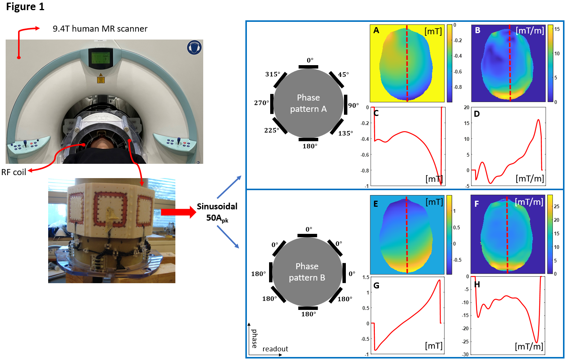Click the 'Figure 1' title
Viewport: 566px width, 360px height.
25,7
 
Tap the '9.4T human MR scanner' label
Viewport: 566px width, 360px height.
100,29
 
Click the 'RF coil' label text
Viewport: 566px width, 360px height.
14,172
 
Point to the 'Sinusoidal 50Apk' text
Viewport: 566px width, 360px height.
217,212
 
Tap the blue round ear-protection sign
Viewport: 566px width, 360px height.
194,47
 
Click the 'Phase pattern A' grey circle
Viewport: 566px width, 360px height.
308,103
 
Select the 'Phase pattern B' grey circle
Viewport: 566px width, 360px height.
307,272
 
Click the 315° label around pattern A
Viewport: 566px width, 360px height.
272,74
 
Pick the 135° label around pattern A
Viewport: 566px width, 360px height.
345,133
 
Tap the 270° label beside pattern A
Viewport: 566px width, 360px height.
262,103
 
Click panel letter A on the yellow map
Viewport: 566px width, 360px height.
376,31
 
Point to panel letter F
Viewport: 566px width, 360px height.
476,204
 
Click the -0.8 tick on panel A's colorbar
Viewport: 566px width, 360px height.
458,87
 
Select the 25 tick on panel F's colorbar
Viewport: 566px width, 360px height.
557,206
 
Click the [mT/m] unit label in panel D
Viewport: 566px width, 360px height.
530,178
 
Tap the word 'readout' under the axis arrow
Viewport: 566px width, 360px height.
275,349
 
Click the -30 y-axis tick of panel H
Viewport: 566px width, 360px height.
466,354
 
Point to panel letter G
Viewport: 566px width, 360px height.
376,285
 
